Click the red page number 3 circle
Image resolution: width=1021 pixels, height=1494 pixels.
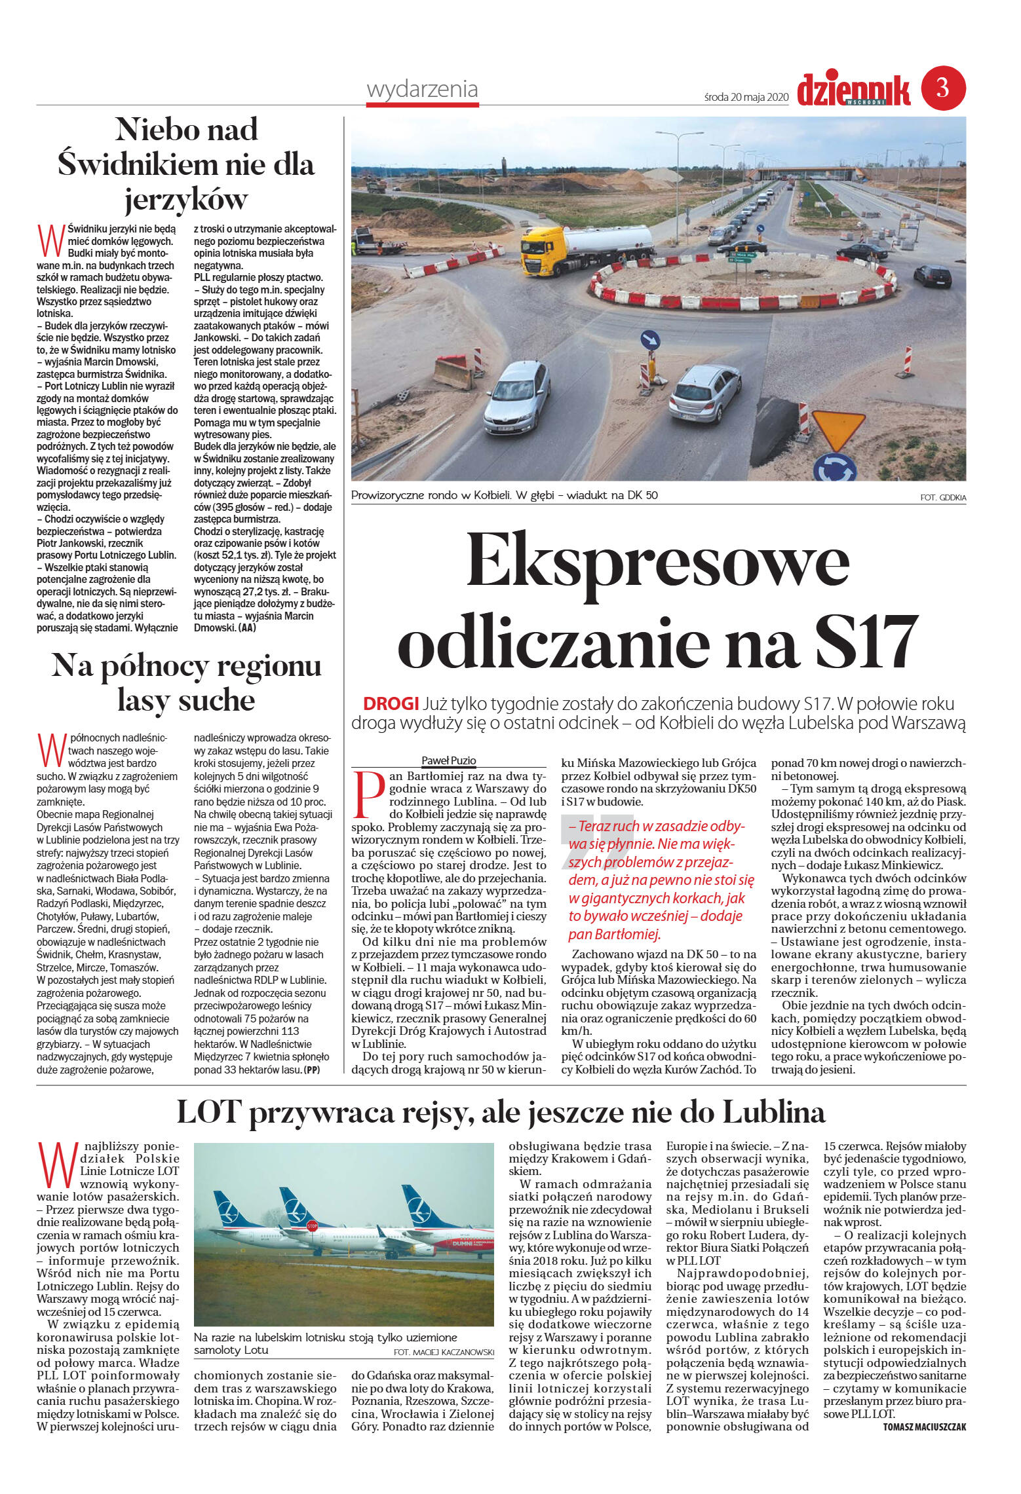[x=943, y=87]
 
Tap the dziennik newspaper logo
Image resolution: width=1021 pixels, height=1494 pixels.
[x=853, y=90]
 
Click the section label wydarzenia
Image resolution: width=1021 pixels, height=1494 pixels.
[x=422, y=90]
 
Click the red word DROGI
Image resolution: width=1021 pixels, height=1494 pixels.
[x=391, y=704]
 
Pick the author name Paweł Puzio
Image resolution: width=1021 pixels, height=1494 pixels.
[x=448, y=760]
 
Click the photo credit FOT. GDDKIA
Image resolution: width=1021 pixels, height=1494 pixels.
[x=942, y=498]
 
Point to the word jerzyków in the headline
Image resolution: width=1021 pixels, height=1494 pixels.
[x=186, y=199]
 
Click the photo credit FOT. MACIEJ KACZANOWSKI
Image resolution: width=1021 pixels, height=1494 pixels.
[x=443, y=1353]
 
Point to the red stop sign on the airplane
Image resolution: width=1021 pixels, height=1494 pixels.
[x=312, y=1225]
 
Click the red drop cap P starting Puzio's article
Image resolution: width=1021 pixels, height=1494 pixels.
[x=368, y=794]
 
